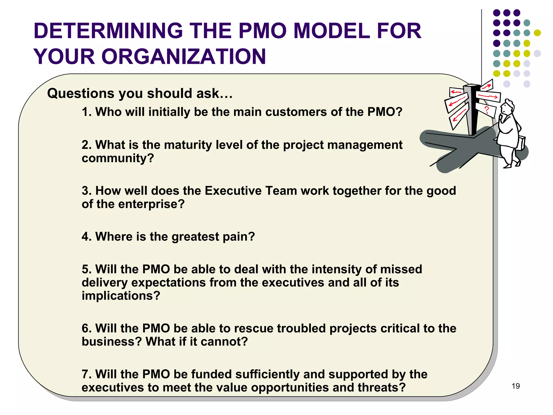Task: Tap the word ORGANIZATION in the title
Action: coord(184,57)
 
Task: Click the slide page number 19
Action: coord(515,386)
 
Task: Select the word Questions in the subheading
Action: coord(80,94)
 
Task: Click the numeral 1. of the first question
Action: coord(87,112)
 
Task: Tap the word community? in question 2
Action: coord(118,158)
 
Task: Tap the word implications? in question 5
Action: coord(121,296)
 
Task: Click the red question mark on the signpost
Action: coord(487,110)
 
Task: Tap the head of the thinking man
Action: coord(507,107)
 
